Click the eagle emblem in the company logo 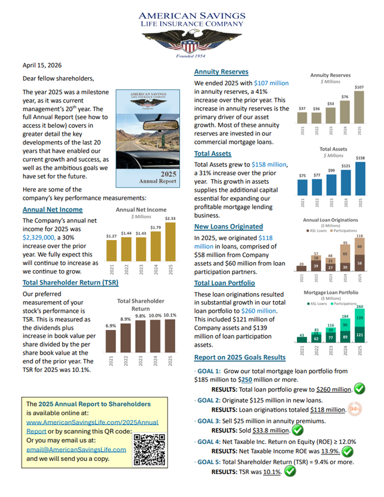point(192,42)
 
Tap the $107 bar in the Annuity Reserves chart point(359,107)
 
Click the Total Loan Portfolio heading point(225,283)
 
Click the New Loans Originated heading point(229,226)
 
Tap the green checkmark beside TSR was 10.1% point(290,471)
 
